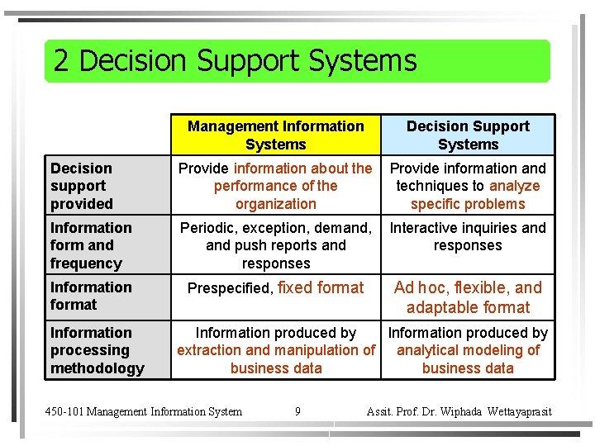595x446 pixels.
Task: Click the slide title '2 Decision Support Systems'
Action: click(x=235, y=61)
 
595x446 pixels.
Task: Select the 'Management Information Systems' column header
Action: click(x=275, y=135)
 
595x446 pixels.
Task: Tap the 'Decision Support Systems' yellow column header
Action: click(x=468, y=135)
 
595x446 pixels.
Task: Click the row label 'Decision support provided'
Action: click(x=82, y=186)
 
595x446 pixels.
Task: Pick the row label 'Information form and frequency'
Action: click(x=90, y=245)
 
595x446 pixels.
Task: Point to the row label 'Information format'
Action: click(x=90, y=296)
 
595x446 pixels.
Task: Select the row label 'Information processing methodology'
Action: click(x=97, y=350)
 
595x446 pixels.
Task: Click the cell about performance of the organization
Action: click(x=275, y=186)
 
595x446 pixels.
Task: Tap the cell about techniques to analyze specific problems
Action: click(x=468, y=186)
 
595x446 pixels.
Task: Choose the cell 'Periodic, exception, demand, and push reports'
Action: click(x=275, y=245)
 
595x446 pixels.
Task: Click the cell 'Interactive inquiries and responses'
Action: click(x=468, y=236)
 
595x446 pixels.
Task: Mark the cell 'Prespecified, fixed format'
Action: click(x=275, y=288)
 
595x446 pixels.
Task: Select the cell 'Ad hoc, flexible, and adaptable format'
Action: click(x=468, y=297)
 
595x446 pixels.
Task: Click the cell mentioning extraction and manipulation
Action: click(x=275, y=350)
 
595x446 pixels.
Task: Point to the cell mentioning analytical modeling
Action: click(x=468, y=350)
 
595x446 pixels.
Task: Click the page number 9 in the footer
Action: click(x=297, y=411)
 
